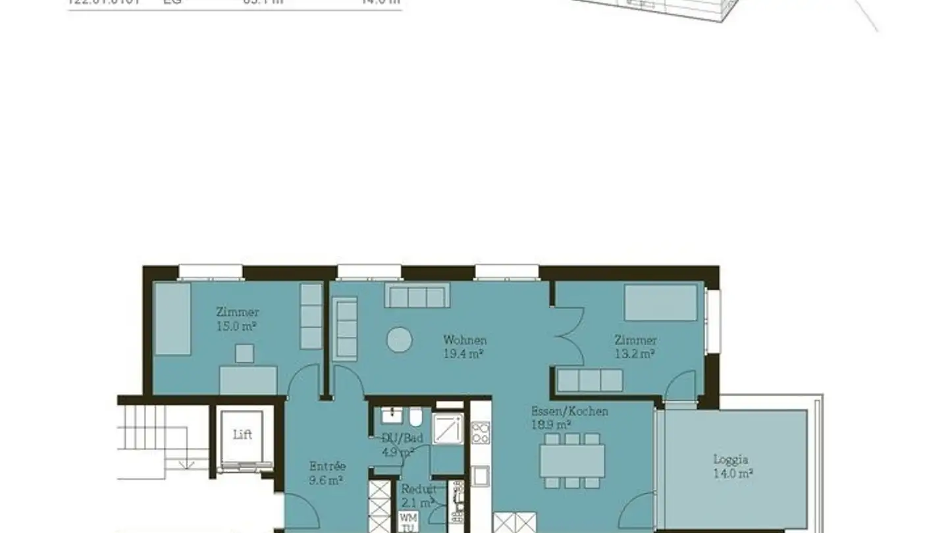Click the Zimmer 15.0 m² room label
tap(237, 318)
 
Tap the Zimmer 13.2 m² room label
tap(635, 347)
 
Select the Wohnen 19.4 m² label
tap(465, 347)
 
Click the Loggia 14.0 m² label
tap(732, 466)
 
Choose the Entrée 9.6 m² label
tap(327, 472)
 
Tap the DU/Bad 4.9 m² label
tap(398, 445)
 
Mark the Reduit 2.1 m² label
tap(418, 495)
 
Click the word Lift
tap(242, 435)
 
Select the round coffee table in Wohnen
tap(399, 340)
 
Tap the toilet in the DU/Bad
tap(415, 417)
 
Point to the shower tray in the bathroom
tap(448, 429)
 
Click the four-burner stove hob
tap(481, 434)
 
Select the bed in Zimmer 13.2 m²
tap(660, 302)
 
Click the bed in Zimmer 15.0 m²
tap(172, 319)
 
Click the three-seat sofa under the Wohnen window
tap(417, 296)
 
